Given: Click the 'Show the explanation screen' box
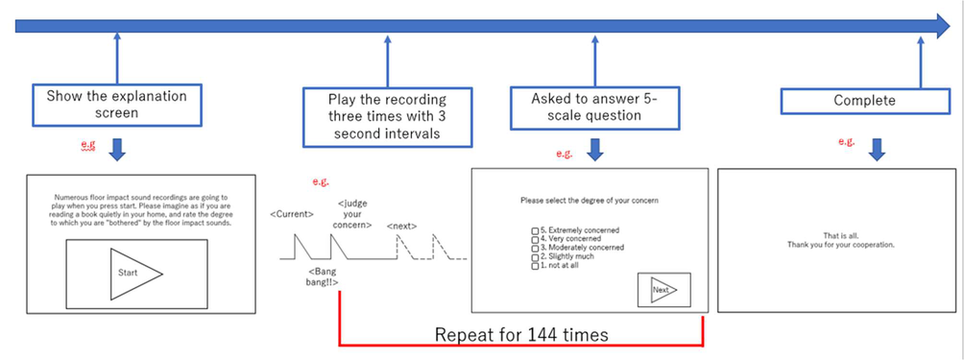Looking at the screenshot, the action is [117, 105].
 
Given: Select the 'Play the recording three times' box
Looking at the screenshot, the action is [387, 117].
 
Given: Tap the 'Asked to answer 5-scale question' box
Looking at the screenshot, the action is [594, 107].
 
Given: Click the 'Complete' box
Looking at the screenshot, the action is [865, 101].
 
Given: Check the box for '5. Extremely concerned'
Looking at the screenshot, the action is [535, 231].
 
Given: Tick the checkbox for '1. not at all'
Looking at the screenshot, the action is [535, 266].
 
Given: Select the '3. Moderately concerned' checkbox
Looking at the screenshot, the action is [535, 248].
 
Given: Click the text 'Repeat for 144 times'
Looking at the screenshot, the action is [521, 335].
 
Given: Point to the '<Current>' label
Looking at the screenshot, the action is [292, 214].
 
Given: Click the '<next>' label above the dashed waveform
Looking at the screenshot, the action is [402, 226].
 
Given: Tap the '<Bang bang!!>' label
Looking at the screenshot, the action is [323, 276].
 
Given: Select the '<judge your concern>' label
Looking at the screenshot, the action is [352, 214].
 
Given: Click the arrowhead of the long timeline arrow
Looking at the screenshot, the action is [943, 26].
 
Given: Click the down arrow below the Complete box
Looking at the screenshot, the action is [877, 150].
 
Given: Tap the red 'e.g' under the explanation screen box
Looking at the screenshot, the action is [88, 145].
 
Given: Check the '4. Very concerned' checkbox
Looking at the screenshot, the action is [535, 239].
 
